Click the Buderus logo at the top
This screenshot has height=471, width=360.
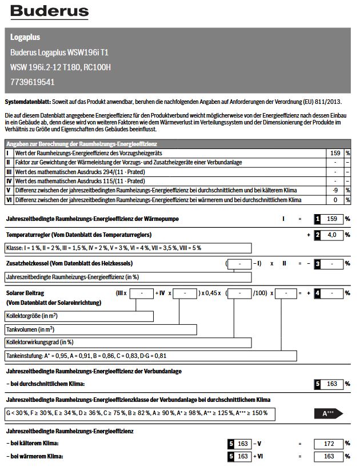point(50,11)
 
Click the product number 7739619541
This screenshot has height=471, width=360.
point(33,82)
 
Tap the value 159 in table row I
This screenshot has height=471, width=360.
point(335,153)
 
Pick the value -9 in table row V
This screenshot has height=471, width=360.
point(335,190)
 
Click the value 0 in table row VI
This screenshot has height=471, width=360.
point(337,200)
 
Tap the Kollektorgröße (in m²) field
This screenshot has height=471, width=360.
point(79,316)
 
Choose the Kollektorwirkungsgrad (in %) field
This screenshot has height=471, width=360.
point(128,343)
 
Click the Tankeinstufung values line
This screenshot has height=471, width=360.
point(151,356)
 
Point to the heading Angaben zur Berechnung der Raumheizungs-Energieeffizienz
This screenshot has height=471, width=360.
point(81,144)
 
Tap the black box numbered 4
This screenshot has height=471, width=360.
point(317,293)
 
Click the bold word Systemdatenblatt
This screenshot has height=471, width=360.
point(27,102)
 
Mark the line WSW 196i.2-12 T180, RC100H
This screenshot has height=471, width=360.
point(61,67)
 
